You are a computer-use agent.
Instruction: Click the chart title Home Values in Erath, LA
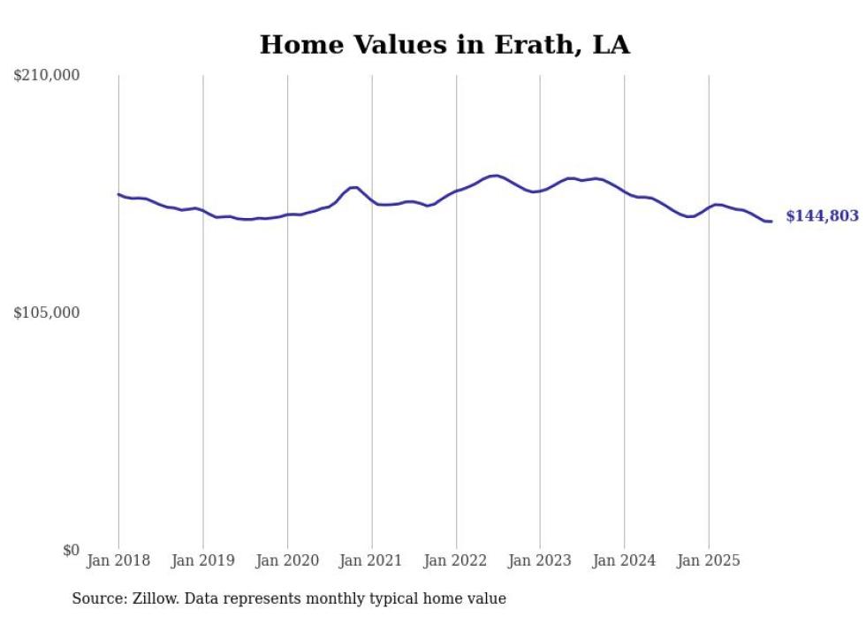[444, 45]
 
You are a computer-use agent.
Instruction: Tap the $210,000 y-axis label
[46, 76]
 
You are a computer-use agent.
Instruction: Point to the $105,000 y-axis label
[46, 312]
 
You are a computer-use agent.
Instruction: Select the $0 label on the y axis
[71, 550]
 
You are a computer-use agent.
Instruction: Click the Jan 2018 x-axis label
[118, 561]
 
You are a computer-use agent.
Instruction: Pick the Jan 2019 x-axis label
[203, 561]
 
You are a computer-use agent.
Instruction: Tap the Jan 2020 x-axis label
[287, 561]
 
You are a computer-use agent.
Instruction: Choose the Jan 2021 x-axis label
[372, 561]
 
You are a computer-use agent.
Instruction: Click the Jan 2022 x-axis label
[456, 561]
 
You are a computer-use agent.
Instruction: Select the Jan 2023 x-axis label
[541, 561]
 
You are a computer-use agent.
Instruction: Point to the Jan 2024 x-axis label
[625, 561]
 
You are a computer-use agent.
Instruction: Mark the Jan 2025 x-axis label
[709, 561]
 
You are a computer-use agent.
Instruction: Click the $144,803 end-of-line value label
[822, 216]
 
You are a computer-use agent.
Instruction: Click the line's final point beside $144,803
[771, 222]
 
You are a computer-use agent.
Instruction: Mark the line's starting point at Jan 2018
[118, 194]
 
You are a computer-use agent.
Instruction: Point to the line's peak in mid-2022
[497, 176]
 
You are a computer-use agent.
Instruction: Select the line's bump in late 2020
[353, 187]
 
